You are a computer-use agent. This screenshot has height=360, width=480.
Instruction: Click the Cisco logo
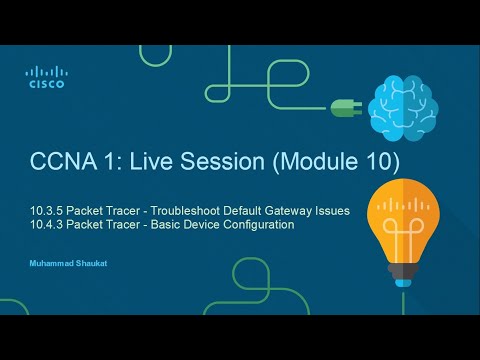[x=46, y=77]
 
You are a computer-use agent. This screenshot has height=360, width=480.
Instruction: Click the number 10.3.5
[x=45, y=211]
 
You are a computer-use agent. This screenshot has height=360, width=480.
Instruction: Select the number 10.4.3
[x=45, y=225]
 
